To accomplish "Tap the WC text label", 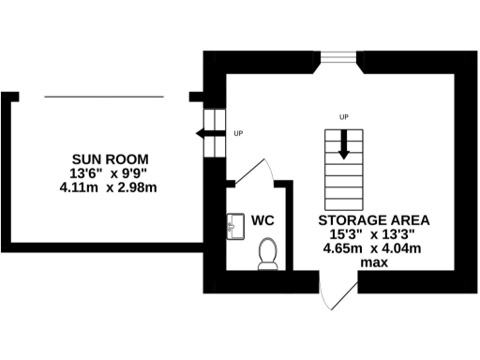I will tap(262, 220).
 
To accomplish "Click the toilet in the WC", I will tap(268, 253).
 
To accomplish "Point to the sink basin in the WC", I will tap(233, 225).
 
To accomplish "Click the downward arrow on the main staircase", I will tap(344, 148).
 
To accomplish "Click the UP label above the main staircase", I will tap(344, 116).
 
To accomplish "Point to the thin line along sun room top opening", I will tap(105, 96).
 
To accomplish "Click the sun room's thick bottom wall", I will tap(103, 247).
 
